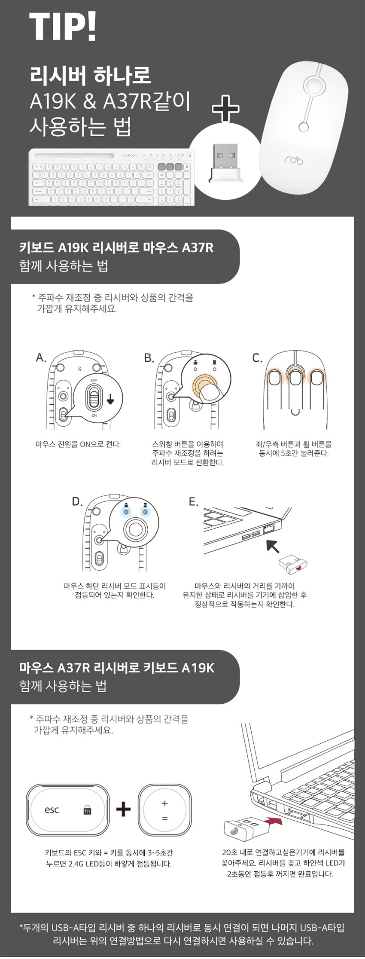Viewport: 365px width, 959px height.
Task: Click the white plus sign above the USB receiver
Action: pos(226,109)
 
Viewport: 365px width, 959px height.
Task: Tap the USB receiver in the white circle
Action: pos(226,164)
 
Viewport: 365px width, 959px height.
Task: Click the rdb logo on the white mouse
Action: pos(293,161)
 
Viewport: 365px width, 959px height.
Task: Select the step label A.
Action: pos(41,357)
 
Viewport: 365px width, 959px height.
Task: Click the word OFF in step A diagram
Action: pos(94,380)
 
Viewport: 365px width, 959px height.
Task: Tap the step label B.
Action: pos(149,358)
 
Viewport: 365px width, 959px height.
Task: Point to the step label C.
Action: pos(257,358)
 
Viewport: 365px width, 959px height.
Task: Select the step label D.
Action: pos(77,501)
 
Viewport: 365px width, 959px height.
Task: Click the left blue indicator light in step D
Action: pos(126,512)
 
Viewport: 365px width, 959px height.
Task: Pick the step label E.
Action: pos(193,501)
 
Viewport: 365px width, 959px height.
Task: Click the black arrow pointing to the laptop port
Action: pos(273,546)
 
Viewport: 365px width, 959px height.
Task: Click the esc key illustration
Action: pos(67,810)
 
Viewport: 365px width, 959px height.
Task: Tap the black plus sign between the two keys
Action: pos(124,809)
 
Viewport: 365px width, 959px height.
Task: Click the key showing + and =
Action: pos(164,810)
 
